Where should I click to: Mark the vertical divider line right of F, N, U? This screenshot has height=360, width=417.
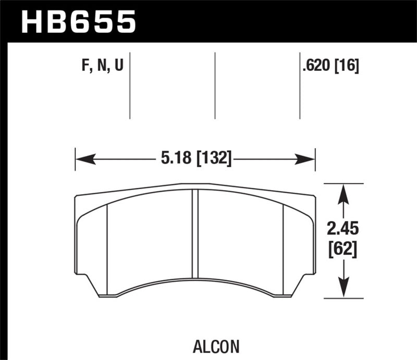(x=130, y=86)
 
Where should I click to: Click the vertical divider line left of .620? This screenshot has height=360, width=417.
(x=300, y=86)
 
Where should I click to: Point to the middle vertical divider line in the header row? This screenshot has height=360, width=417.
(x=215, y=86)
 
